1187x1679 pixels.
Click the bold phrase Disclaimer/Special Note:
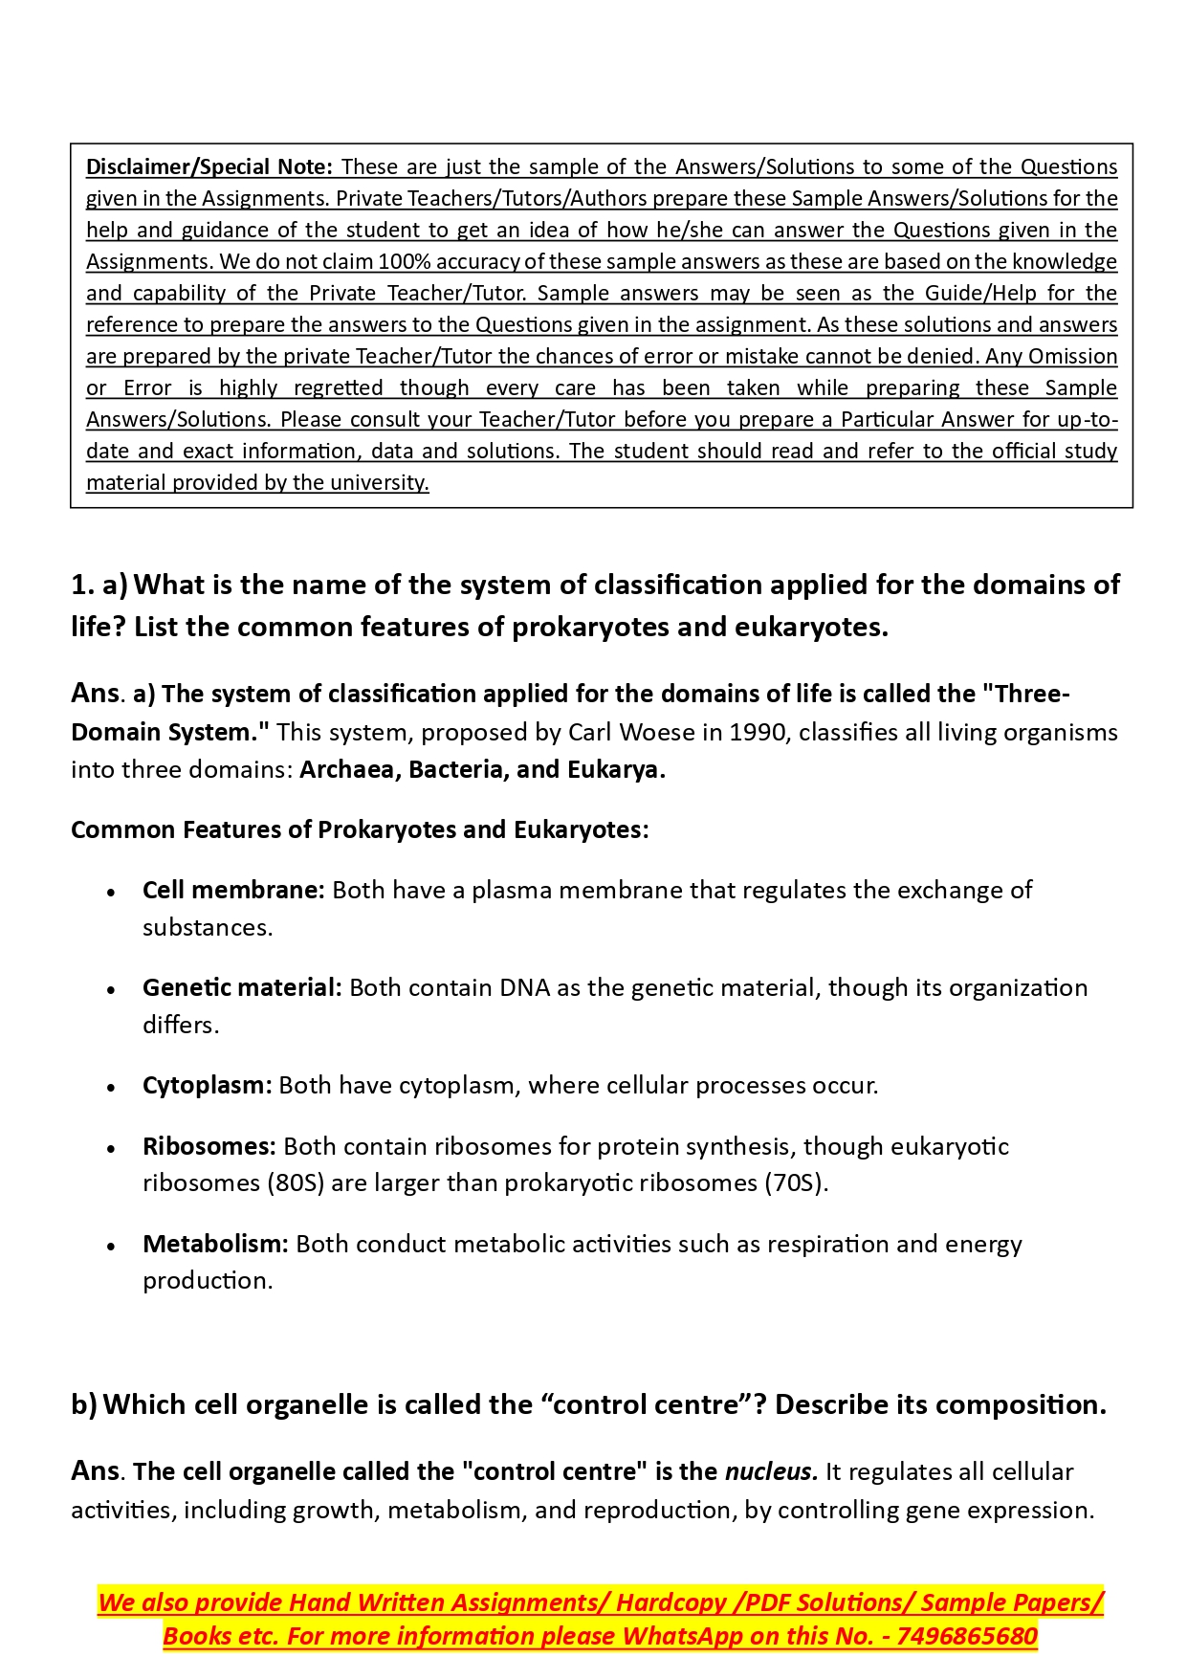coord(209,166)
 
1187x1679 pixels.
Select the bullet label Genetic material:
coord(242,987)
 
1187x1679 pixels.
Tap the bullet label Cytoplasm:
coord(207,1085)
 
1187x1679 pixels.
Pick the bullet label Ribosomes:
coord(209,1146)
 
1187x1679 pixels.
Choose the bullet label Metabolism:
coord(215,1244)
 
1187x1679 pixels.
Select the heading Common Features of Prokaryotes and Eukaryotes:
coord(360,829)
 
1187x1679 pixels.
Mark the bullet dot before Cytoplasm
coord(112,1087)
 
